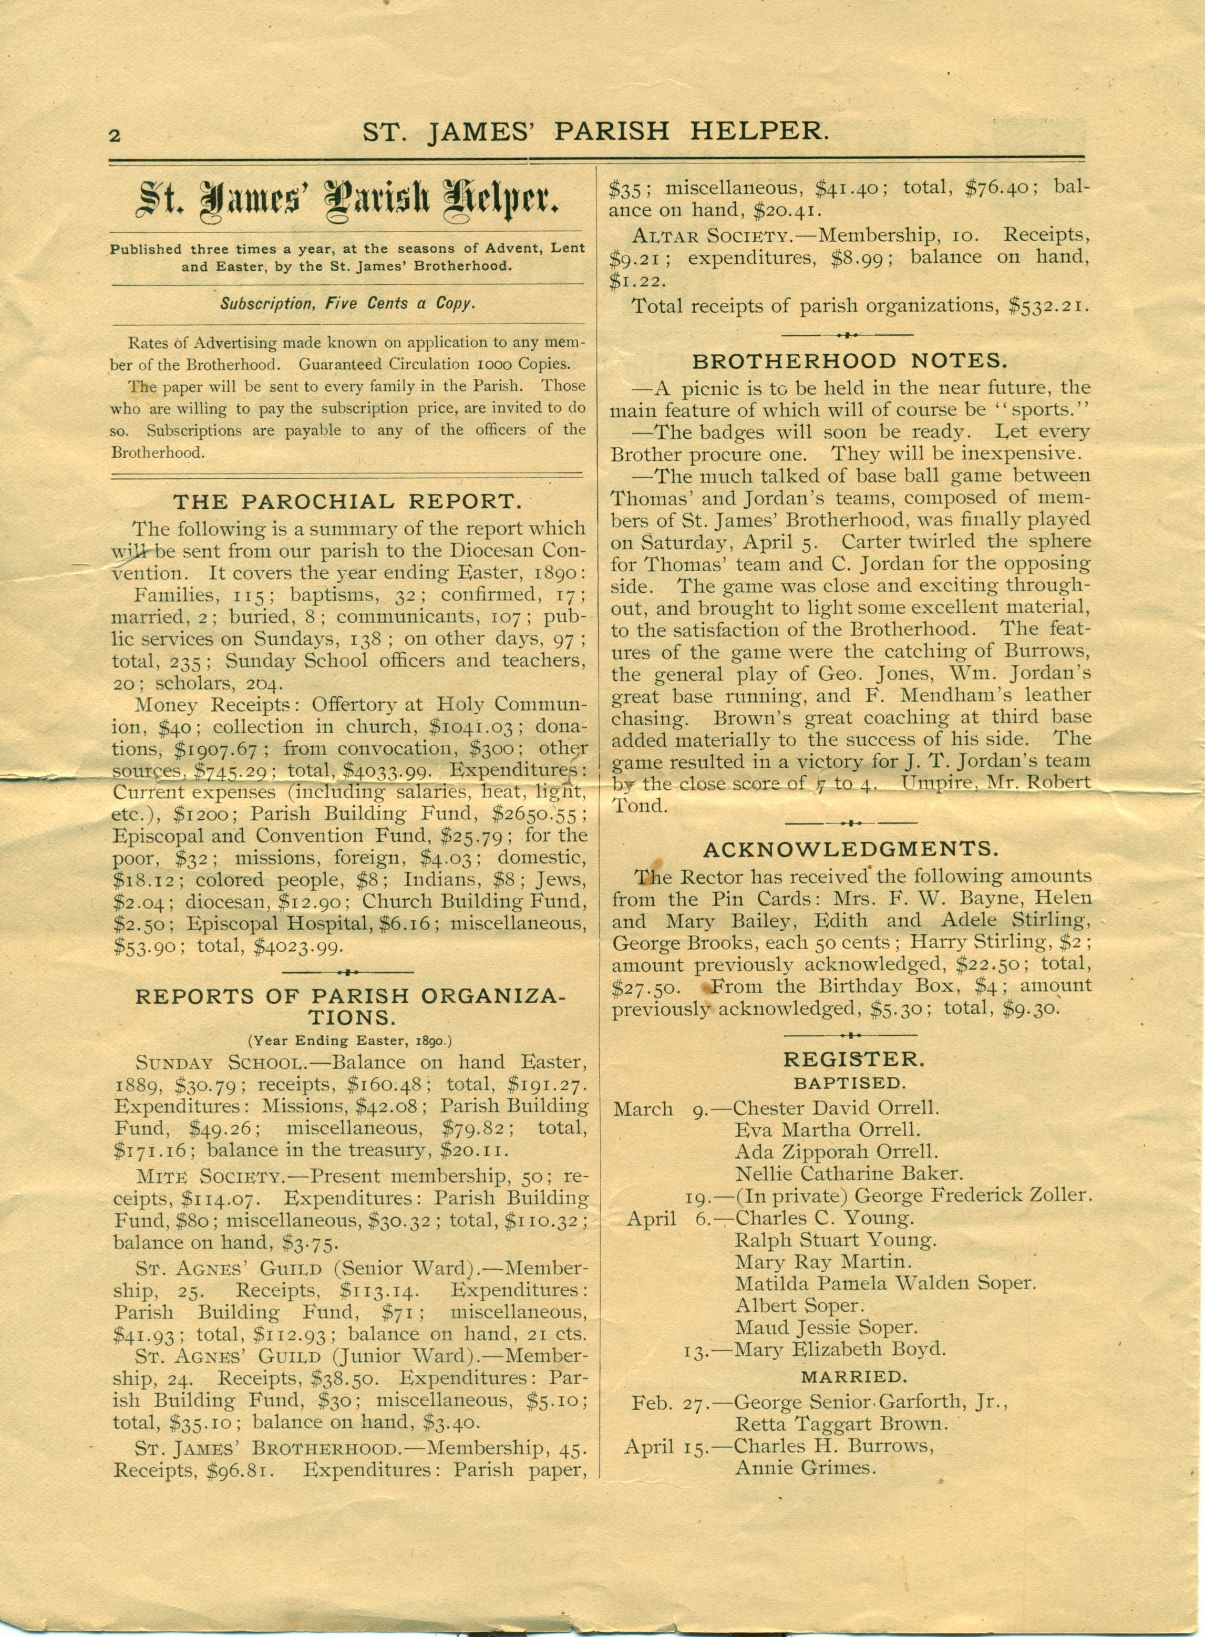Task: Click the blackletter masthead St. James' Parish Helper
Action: [x=347, y=201]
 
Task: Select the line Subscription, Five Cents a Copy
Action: [x=347, y=303]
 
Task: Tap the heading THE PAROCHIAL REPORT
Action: [x=347, y=501]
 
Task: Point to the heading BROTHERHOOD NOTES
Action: [x=850, y=361]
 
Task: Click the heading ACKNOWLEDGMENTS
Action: [x=850, y=849]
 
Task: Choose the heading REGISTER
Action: [x=850, y=1059]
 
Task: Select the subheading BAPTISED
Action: [x=850, y=1083]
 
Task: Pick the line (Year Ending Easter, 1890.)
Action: [x=347, y=1040]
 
